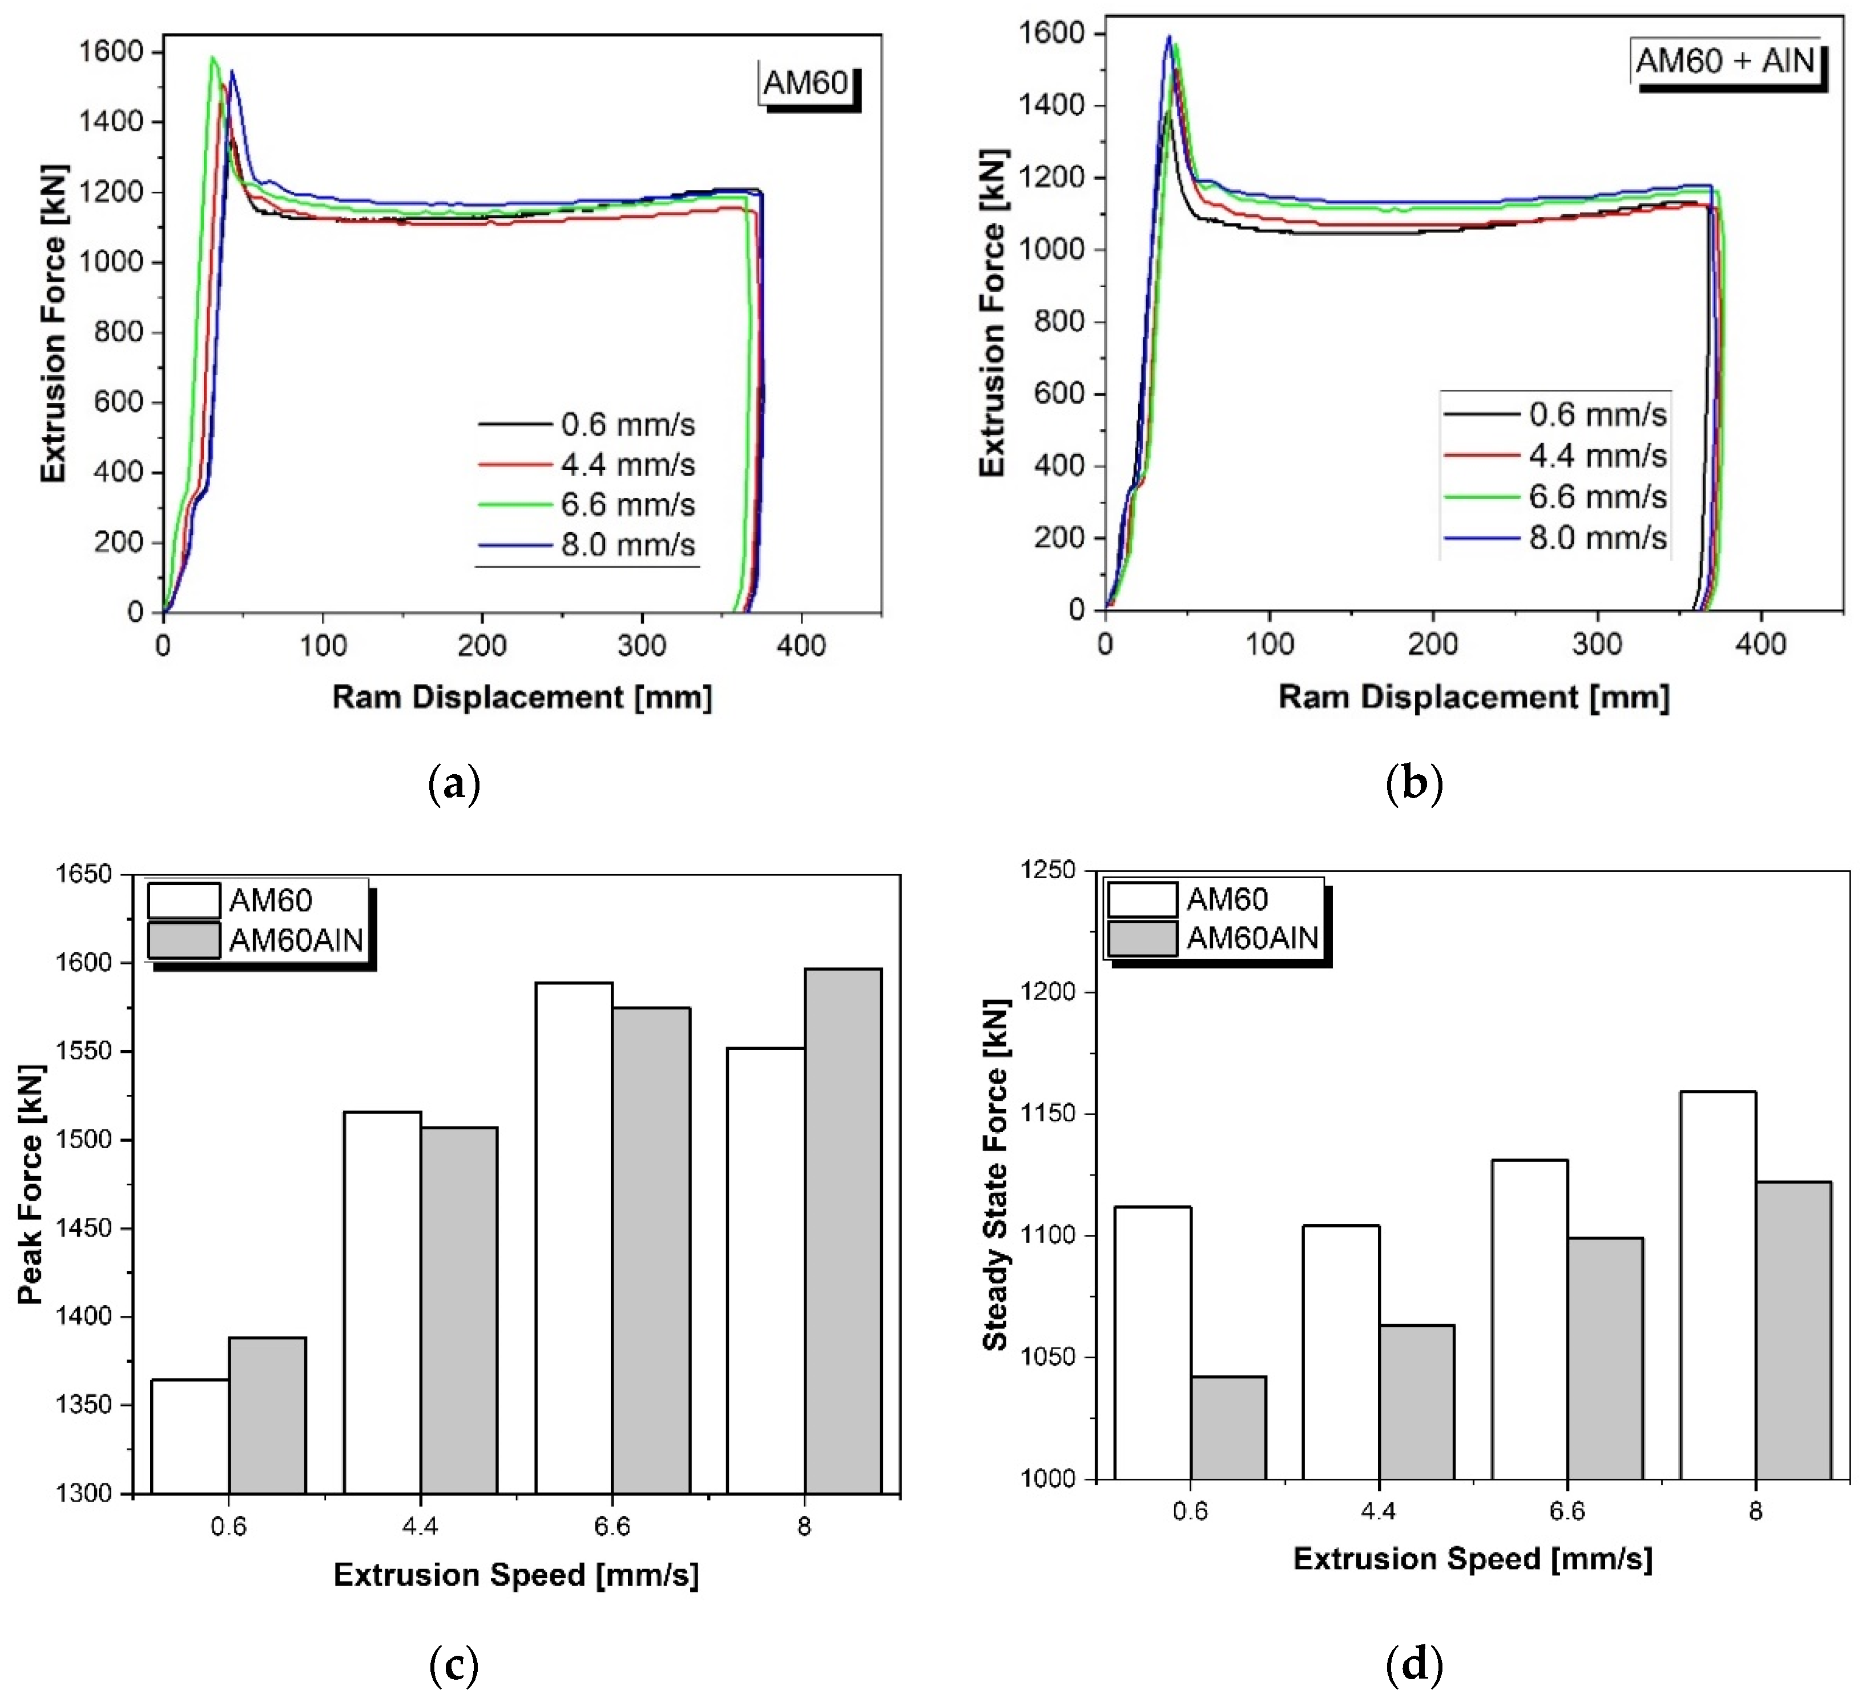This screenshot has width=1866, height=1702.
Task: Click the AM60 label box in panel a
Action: [805, 83]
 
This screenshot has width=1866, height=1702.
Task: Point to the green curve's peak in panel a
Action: [213, 58]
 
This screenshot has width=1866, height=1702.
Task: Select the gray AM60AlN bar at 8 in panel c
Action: [843, 1232]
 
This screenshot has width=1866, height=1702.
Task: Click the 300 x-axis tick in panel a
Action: [642, 645]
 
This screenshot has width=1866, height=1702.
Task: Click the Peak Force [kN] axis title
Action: [31, 1185]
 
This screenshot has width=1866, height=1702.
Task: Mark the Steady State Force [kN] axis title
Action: [995, 1176]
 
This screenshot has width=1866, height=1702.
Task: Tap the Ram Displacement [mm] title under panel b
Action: [1473, 697]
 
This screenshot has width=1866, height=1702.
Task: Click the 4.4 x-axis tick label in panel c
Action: [420, 1526]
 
